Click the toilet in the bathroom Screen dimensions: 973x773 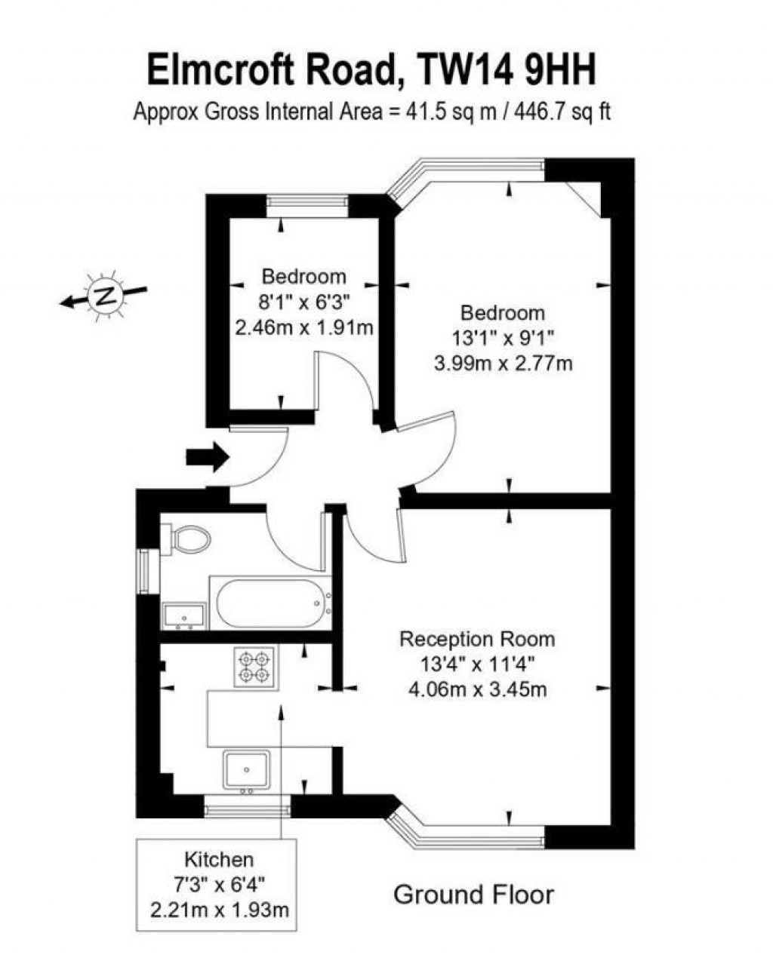pos(186,539)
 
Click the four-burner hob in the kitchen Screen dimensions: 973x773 pos(254,667)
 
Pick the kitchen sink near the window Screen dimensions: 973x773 pos(247,770)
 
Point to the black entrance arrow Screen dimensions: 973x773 pos(208,456)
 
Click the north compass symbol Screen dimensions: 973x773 pos(104,295)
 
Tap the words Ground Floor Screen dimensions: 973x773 pos(473,895)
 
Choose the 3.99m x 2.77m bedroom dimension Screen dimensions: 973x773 pos(503,364)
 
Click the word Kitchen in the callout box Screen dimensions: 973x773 pos(219,859)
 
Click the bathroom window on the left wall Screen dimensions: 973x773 pos(143,572)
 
